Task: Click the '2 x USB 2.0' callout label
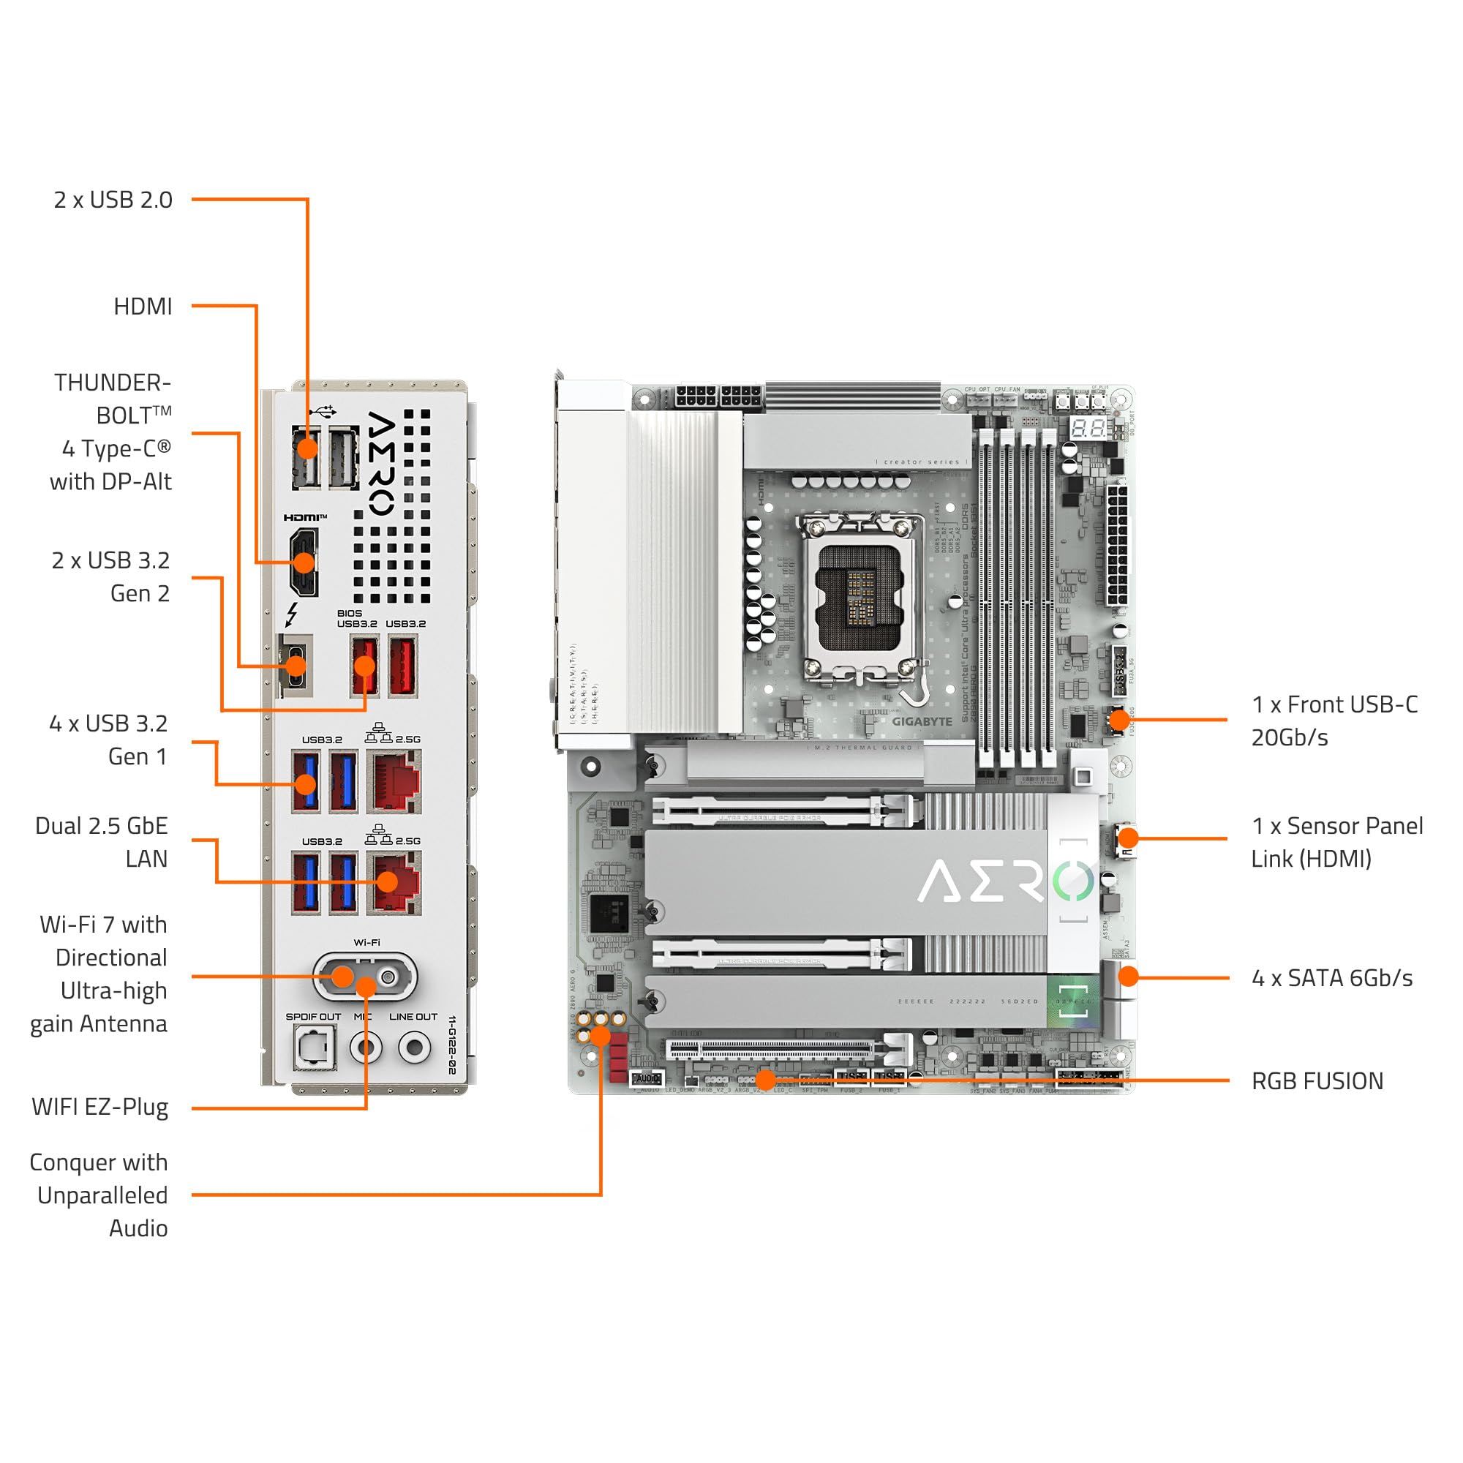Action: [113, 200]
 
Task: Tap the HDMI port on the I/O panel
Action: [303, 563]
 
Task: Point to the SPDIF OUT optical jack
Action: [313, 1048]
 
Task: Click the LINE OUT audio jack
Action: [414, 1048]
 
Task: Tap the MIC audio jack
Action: [366, 1048]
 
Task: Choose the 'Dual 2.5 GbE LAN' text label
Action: [102, 842]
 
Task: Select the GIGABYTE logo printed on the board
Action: [922, 722]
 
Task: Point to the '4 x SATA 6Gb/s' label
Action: [1332, 977]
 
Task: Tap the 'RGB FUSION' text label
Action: [1317, 1080]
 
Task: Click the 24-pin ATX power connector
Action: [1116, 545]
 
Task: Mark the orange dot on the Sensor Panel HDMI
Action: [1127, 838]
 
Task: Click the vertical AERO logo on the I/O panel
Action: [381, 464]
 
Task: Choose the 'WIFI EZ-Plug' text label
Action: [100, 1107]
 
